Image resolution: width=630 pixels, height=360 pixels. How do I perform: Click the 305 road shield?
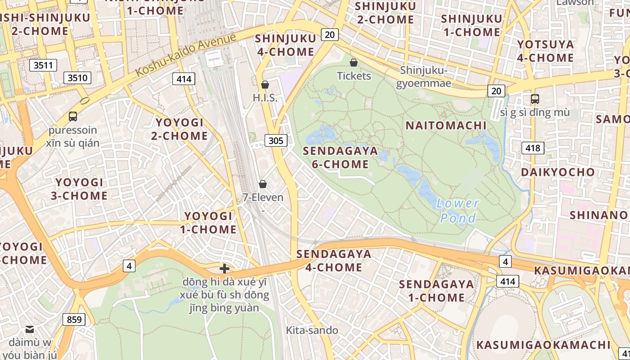click(x=276, y=141)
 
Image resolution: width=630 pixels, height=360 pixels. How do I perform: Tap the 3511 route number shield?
click(x=43, y=65)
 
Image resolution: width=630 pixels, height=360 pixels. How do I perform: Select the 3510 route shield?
click(x=77, y=78)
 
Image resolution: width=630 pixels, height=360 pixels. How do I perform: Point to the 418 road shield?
click(x=533, y=148)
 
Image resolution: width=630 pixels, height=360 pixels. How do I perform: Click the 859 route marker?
click(x=74, y=319)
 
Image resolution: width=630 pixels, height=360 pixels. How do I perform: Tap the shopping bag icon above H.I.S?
click(x=265, y=85)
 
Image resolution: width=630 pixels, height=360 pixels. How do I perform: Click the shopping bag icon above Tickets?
click(x=354, y=63)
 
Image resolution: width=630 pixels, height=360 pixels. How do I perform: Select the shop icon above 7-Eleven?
click(x=263, y=184)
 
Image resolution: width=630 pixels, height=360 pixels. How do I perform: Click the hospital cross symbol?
click(x=224, y=269)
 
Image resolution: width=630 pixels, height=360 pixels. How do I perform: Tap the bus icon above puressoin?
click(x=73, y=117)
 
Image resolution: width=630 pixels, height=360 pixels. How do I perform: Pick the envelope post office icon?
click(x=30, y=329)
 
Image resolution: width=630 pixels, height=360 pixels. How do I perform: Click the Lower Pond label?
click(x=458, y=211)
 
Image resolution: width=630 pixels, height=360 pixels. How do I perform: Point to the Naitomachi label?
click(x=446, y=126)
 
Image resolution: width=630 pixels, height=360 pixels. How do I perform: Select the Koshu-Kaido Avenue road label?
click(x=185, y=54)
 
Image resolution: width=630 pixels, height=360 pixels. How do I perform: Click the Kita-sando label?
click(x=312, y=330)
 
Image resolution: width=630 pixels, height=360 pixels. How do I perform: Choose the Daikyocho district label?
click(x=558, y=172)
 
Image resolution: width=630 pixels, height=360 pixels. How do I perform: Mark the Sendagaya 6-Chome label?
click(x=340, y=157)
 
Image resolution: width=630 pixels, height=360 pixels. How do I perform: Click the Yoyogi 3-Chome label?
click(x=81, y=189)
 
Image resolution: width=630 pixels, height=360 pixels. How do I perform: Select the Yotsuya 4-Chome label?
click(x=545, y=51)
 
